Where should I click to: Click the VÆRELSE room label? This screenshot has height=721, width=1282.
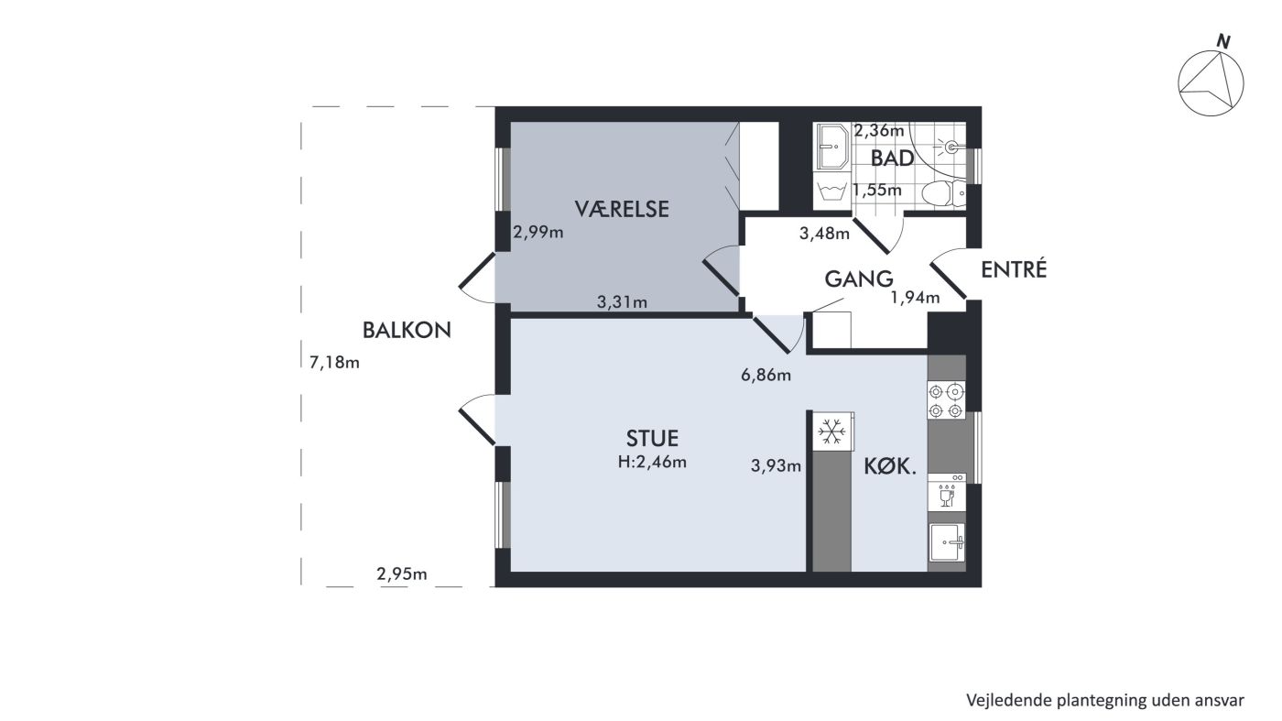[622, 209]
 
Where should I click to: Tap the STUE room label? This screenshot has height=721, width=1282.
[652, 438]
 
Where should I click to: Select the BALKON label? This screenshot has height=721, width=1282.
[407, 330]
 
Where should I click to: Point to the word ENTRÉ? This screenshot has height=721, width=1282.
[1014, 269]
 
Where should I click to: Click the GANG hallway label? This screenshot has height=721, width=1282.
[859, 279]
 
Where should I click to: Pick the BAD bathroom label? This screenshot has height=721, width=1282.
[892, 158]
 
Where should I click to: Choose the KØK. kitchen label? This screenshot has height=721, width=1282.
[890, 467]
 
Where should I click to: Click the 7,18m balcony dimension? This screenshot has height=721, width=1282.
[334, 363]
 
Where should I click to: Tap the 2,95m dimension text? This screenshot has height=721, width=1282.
[402, 574]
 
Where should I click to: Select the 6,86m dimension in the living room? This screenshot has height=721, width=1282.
[766, 375]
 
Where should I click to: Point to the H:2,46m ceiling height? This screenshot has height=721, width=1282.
[652, 462]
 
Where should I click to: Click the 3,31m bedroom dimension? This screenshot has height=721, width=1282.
[622, 301]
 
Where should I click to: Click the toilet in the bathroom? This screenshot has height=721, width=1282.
[944, 193]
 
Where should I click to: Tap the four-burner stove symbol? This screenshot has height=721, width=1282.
[945, 400]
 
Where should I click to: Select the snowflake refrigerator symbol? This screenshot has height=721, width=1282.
[832, 432]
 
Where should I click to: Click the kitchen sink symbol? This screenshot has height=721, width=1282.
[947, 541]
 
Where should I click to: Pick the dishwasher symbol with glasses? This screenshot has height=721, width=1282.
[947, 492]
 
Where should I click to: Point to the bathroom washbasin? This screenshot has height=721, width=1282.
[831, 147]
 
